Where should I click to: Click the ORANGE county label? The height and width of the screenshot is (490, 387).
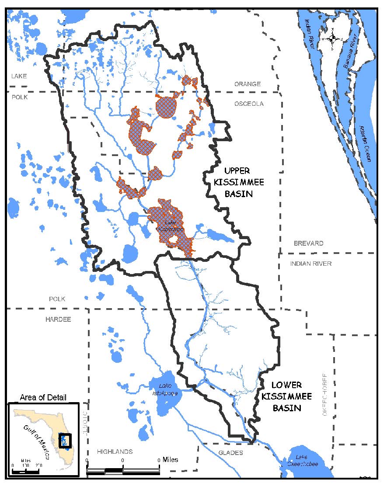(247, 84)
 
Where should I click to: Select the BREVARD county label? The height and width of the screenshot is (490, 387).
(308, 243)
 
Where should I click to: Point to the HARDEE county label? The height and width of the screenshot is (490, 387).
(58, 319)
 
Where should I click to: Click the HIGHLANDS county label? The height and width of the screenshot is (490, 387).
(115, 452)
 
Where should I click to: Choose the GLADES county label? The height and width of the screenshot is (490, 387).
(230, 453)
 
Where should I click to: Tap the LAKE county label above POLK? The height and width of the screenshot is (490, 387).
(19, 76)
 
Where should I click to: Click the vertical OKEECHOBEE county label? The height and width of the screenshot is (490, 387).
(324, 395)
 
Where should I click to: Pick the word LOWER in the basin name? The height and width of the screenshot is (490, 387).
(286, 385)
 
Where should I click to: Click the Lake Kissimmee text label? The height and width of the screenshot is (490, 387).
(165, 226)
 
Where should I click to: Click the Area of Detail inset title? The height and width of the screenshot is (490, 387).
(43, 397)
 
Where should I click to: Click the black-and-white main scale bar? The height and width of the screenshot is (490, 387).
(123, 470)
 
